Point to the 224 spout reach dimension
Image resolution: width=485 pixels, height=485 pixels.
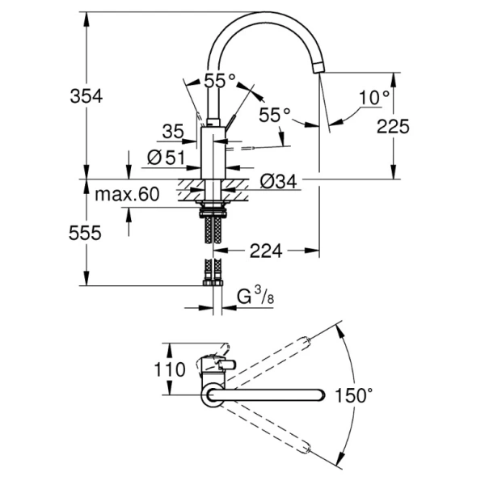[x=265, y=251]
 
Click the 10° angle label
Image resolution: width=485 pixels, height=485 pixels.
[x=374, y=98]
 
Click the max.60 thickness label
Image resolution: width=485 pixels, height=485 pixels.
[x=128, y=195]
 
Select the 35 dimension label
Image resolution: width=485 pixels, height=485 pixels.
[x=173, y=131]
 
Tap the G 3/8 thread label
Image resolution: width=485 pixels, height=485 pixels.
[x=254, y=299]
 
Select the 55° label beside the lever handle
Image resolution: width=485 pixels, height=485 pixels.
[x=274, y=115]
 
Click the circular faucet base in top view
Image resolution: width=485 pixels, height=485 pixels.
[x=212, y=395]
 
